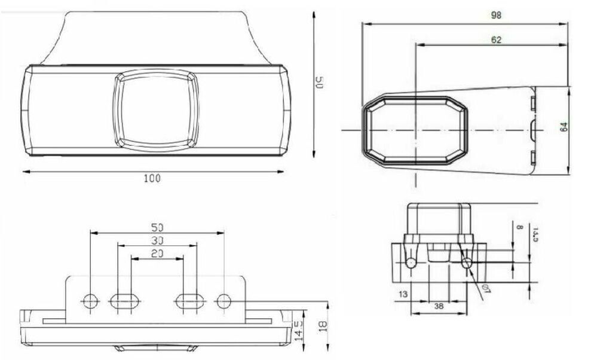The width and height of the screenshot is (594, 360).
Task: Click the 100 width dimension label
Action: click(x=153, y=178)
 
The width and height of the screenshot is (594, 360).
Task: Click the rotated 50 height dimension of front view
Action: click(x=319, y=83)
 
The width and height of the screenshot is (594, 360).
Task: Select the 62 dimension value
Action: click(x=495, y=39)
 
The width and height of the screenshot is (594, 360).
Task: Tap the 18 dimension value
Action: click(x=323, y=327)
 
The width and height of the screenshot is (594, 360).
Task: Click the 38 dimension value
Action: click(x=439, y=305)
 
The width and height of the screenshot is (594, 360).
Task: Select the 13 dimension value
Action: click(x=402, y=294)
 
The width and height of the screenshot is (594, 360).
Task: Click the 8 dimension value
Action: click(x=519, y=228)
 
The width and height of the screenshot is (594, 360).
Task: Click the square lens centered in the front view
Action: click(x=156, y=108)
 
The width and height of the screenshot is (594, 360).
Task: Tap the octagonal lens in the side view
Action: click(x=415, y=130)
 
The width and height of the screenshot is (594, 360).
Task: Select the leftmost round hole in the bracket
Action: click(x=90, y=301)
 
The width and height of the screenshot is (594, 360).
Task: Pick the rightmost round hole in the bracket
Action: click(x=223, y=301)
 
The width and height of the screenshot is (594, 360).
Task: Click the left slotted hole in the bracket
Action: click(x=124, y=301)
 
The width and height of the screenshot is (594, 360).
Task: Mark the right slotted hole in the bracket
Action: click(x=189, y=301)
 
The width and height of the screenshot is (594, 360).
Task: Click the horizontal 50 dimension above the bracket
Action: click(x=157, y=227)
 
